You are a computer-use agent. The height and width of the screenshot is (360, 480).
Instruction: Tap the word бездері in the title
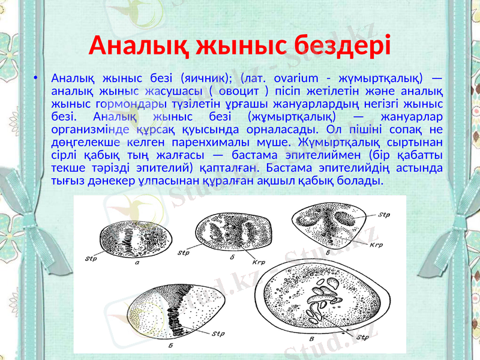click(x=342, y=44)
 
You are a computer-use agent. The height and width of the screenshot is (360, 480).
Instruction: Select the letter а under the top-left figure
click(x=139, y=262)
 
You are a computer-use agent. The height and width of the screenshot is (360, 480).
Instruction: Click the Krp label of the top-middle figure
click(x=259, y=262)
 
